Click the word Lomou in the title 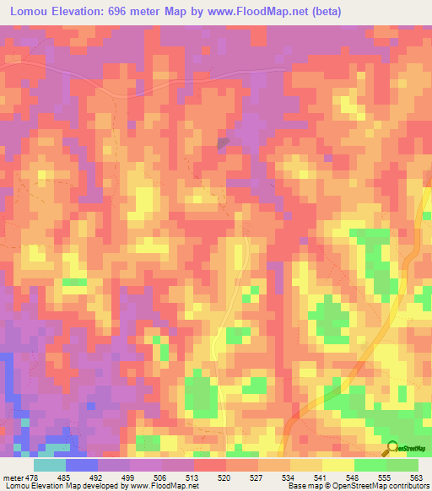[x=30, y=12]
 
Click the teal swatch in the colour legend [x=50, y=464]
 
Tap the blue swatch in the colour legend [x=82, y=464]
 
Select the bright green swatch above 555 [x=370, y=464]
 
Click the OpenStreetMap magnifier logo [x=392, y=448]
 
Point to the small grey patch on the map [x=223, y=143]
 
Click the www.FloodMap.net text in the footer [x=165, y=485]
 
